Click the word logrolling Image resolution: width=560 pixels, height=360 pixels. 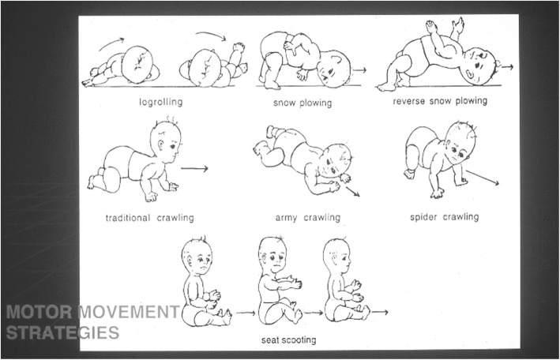pyautogui.click(x=160, y=102)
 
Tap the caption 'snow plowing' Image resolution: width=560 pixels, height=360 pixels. pyautogui.click(x=303, y=103)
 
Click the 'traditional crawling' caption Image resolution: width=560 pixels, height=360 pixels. pyautogui.click(x=149, y=218)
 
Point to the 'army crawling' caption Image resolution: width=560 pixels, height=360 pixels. pyautogui.click(x=307, y=217)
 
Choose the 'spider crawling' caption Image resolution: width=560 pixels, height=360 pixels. pyautogui.click(x=444, y=217)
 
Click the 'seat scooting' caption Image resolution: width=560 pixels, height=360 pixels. pyautogui.click(x=288, y=339)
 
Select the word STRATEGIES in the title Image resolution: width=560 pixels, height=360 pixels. pyautogui.click(x=62, y=332)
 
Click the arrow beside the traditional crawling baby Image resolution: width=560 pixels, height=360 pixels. pyautogui.click(x=194, y=168)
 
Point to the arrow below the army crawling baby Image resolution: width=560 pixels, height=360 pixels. pyautogui.click(x=352, y=191)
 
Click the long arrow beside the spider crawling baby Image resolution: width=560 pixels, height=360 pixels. pyautogui.click(x=482, y=178)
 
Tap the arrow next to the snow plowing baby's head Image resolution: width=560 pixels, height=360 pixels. pyautogui.click(x=359, y=70)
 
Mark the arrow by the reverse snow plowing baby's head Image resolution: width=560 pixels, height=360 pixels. pyautogui.click(x=507, y=66)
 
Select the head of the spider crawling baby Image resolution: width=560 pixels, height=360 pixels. pyautogui.click(x=460, y=142)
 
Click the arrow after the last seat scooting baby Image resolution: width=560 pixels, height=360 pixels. pyautogui.click(x=379, y=312)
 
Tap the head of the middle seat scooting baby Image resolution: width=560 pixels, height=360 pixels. pyautogui.click(x=272, y=254)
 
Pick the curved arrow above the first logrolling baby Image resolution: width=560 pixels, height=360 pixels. pyautogui.click(x=112, y=44)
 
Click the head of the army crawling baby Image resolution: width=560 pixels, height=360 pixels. pyautogui.click(x=335, y=160)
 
